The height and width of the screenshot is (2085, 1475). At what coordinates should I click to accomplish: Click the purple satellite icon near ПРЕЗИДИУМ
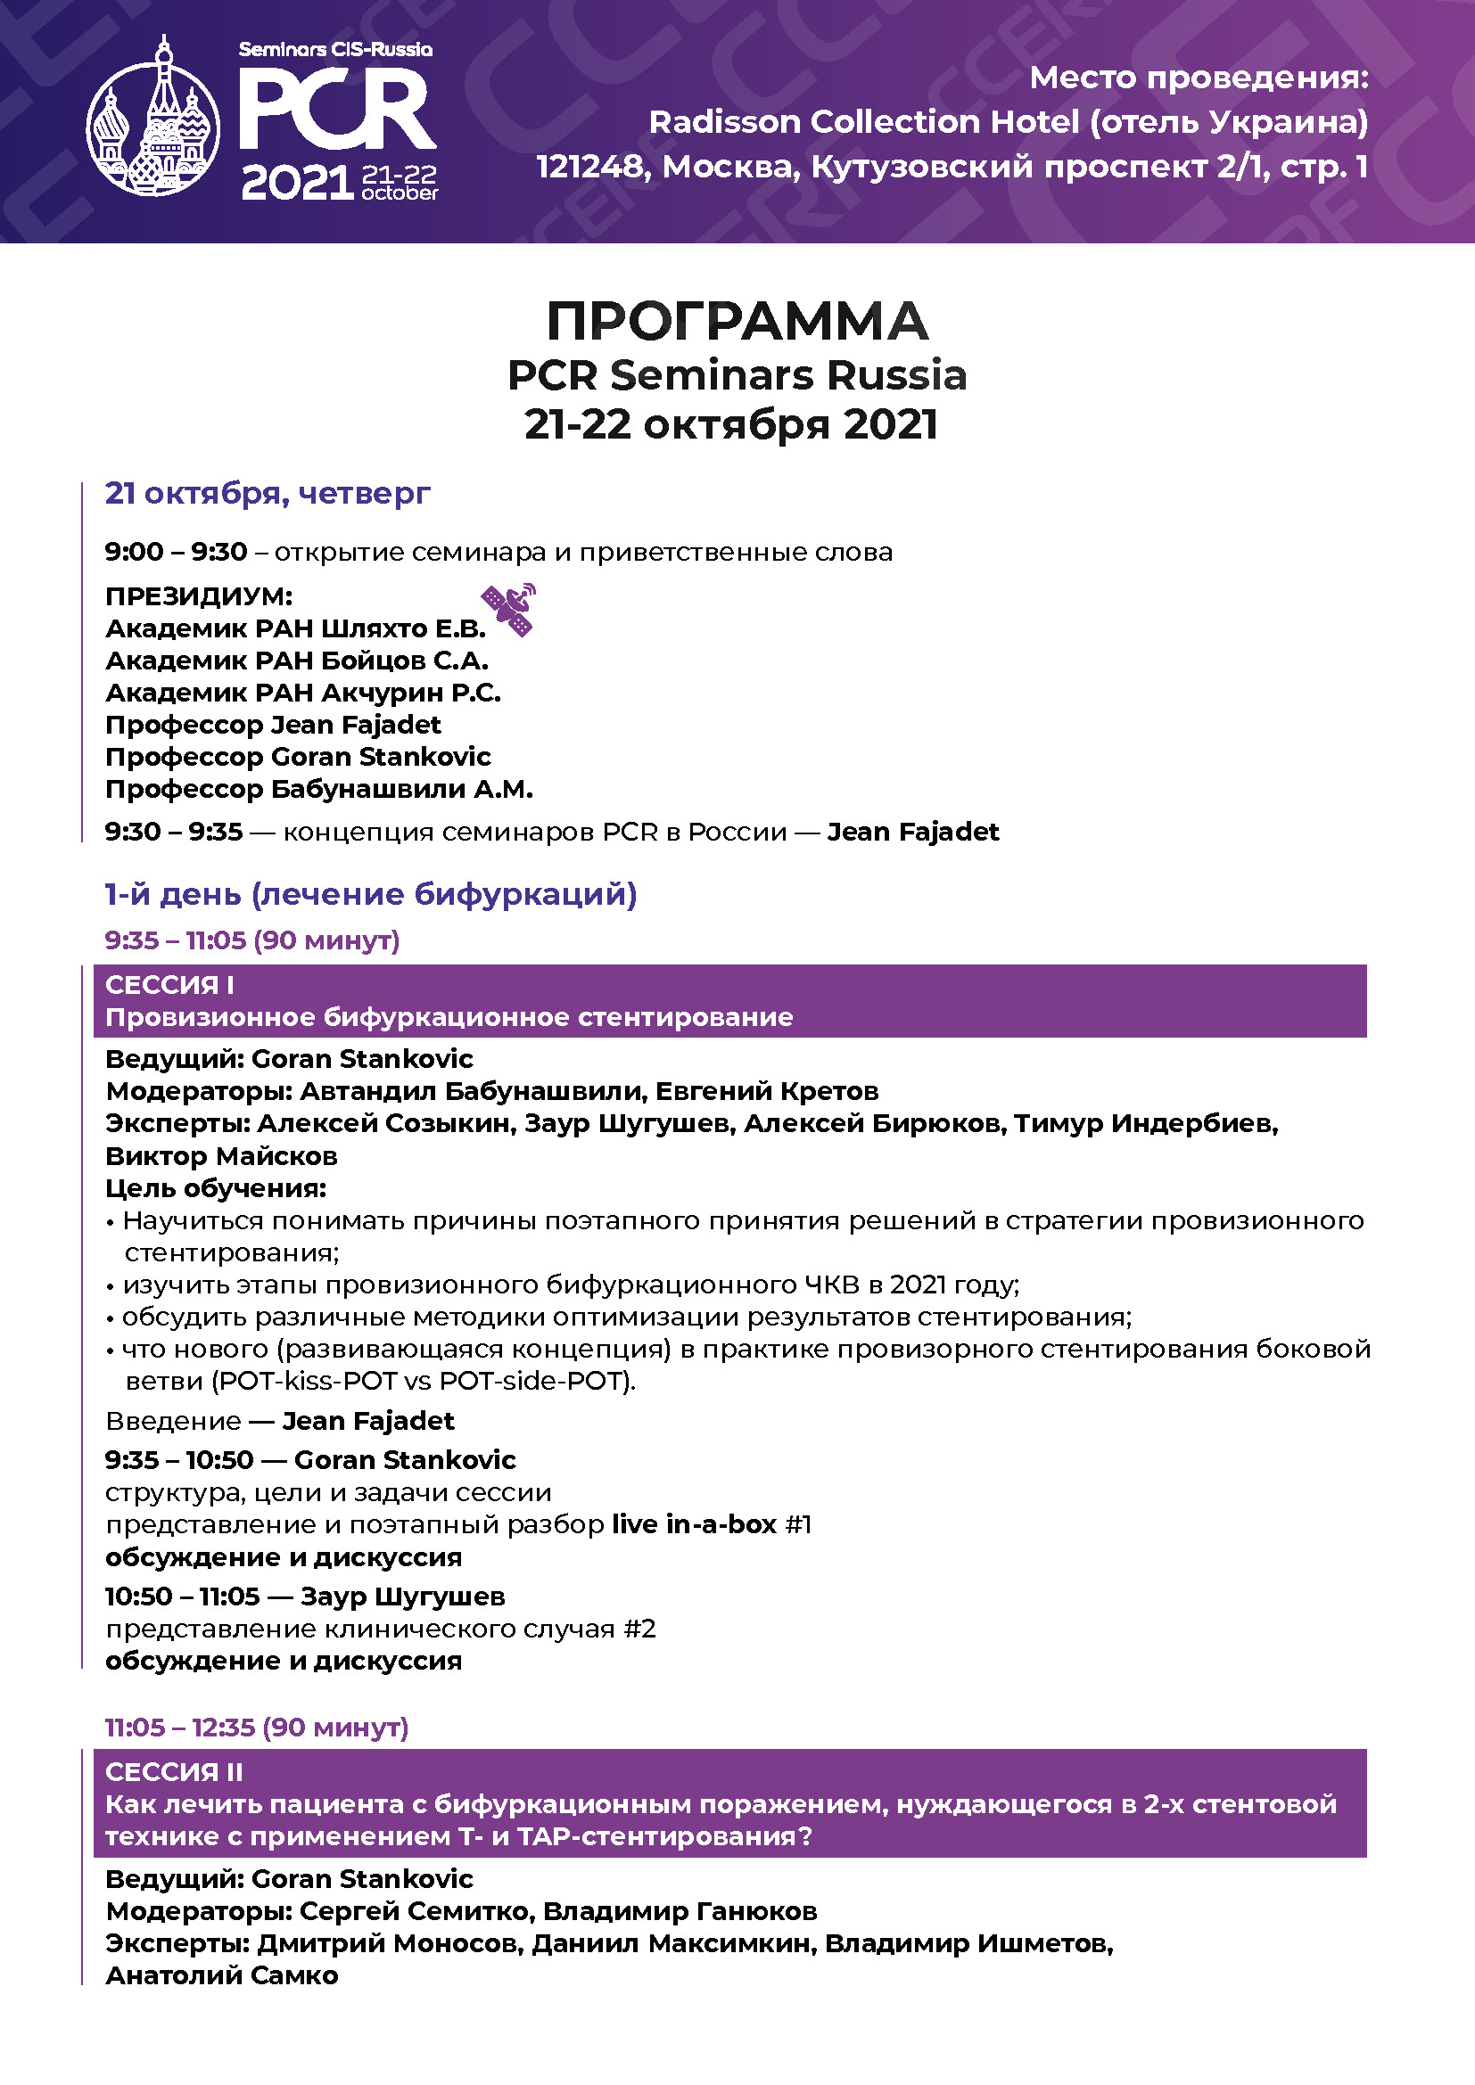coord(508,610)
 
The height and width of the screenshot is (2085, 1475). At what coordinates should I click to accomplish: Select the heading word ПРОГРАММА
coord(737,321)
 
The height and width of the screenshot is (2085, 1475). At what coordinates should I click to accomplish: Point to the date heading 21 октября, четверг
coord(267,493)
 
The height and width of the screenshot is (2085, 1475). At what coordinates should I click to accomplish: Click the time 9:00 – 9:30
coord(177,552)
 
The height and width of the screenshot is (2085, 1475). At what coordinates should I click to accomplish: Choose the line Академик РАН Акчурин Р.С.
coord(303,693)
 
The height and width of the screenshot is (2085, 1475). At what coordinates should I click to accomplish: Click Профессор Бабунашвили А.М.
coord(318,789)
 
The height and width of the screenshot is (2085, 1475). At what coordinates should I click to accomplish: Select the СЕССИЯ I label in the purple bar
coord(169,984)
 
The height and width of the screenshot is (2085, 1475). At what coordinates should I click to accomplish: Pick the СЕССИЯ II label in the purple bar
coord(174,1772)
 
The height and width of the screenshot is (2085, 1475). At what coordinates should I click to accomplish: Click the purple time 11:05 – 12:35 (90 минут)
coord(257,1728)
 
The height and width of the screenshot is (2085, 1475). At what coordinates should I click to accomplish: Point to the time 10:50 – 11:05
coord(183,1597)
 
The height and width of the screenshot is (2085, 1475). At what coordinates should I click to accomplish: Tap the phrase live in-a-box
coord(694,1523)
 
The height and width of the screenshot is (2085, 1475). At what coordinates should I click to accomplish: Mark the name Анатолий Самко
coord(222,1976)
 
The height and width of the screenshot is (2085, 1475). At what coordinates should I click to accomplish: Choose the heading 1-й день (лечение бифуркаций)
coord(371,894)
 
